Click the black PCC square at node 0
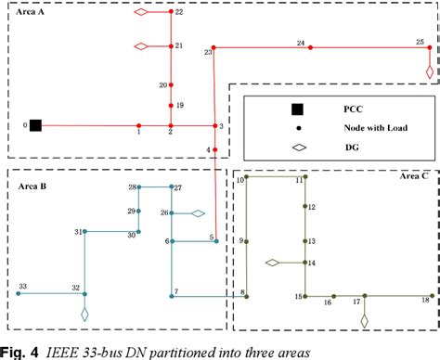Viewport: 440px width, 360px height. coord(36,125)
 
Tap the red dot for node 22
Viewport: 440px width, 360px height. coord(171,13)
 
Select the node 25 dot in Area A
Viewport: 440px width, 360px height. coord(429,45)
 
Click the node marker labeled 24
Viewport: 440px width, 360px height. coord(312,45)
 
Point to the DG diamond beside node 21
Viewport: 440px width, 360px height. coord(142,45)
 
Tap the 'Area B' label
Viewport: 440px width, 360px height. coord(32,186)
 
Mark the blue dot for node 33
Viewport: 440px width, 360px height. coord(17,294)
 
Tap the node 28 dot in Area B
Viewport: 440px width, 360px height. coord(139,187)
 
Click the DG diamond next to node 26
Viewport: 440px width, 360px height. coord(197,213)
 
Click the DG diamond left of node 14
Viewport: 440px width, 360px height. coord(273,264)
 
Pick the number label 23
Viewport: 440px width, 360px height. coord(208,53)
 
